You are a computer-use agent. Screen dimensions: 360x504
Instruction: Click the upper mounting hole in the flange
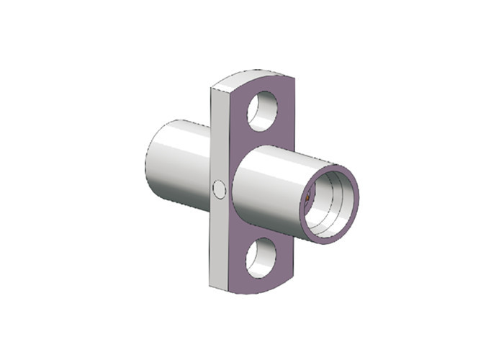[262, 111]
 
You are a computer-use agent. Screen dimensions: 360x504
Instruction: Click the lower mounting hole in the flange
[261, 258]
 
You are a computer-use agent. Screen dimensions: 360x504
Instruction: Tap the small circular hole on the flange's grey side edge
[219, 190]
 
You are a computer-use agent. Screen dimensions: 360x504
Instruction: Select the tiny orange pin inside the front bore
[307, 196]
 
